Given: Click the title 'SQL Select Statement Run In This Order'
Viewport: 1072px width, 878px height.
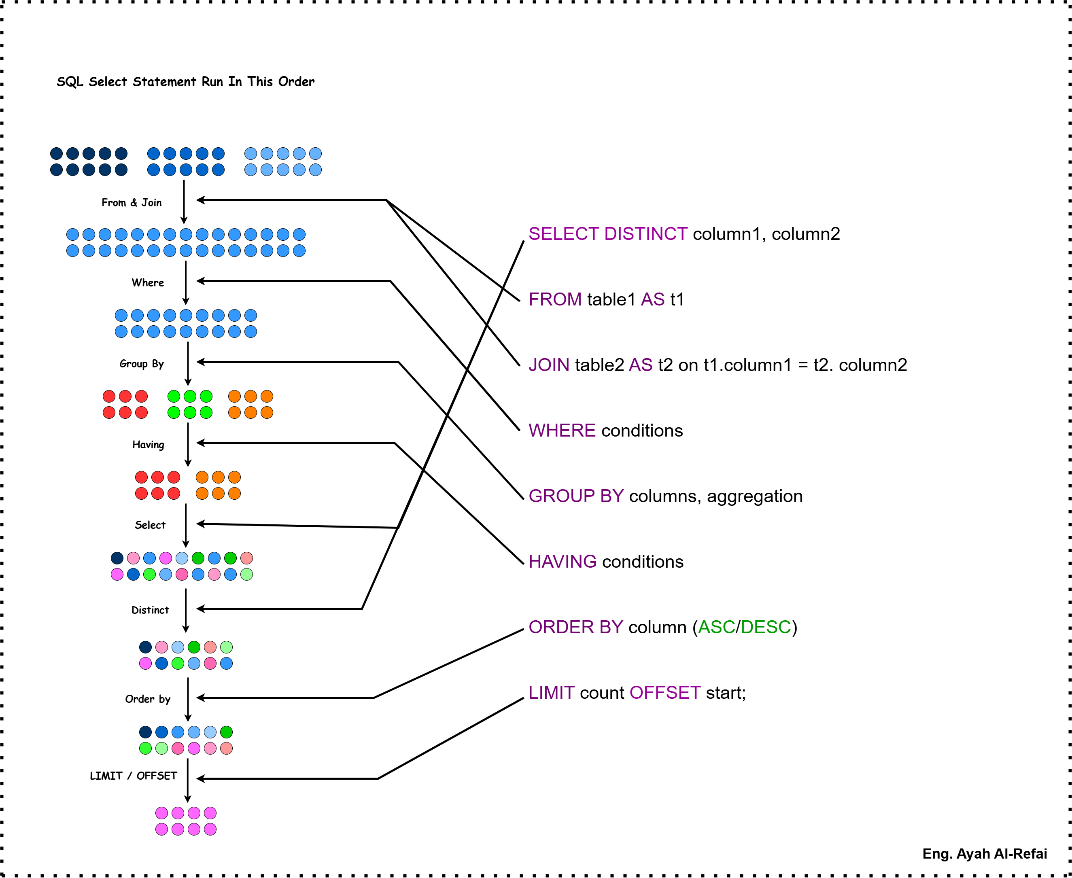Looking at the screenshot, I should tap(185, 81).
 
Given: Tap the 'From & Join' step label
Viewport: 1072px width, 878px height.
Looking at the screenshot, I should tap(132, 202).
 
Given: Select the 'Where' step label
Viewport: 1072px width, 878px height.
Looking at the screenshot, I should tap(148, 282).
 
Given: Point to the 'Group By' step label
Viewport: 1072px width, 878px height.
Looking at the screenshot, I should tap(142, 364).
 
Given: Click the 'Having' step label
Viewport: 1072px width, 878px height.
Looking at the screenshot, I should tap(148, 445).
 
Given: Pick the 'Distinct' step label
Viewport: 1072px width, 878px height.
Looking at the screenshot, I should tap(150, 610).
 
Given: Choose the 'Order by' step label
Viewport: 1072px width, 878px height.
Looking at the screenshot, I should tap(148, 699).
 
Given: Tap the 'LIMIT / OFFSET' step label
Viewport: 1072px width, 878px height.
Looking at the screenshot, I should tap(134, 776).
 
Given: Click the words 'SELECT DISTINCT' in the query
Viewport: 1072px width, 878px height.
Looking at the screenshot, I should tap(607, 234).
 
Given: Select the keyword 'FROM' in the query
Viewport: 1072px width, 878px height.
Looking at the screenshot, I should tap(555, 299).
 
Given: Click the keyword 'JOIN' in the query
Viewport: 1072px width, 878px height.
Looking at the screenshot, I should tap(549, 365).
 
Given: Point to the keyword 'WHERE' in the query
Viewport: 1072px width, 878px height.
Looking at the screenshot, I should tap(562, 431).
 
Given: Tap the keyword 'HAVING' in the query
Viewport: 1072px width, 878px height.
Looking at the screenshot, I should tap(563, 562).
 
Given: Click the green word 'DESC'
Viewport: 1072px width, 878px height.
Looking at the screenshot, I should tap(765, 627).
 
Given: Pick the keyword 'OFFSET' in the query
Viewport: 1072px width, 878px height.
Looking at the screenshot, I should tap(665, 692).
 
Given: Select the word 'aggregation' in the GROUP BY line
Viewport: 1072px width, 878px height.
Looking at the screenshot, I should tap(754, 496).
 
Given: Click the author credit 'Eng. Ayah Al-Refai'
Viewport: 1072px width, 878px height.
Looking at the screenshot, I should tap(985, 854).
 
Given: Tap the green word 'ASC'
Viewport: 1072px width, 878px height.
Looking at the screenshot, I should tap(716, 627).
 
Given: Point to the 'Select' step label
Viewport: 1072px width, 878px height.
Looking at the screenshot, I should tap(150, 525).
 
